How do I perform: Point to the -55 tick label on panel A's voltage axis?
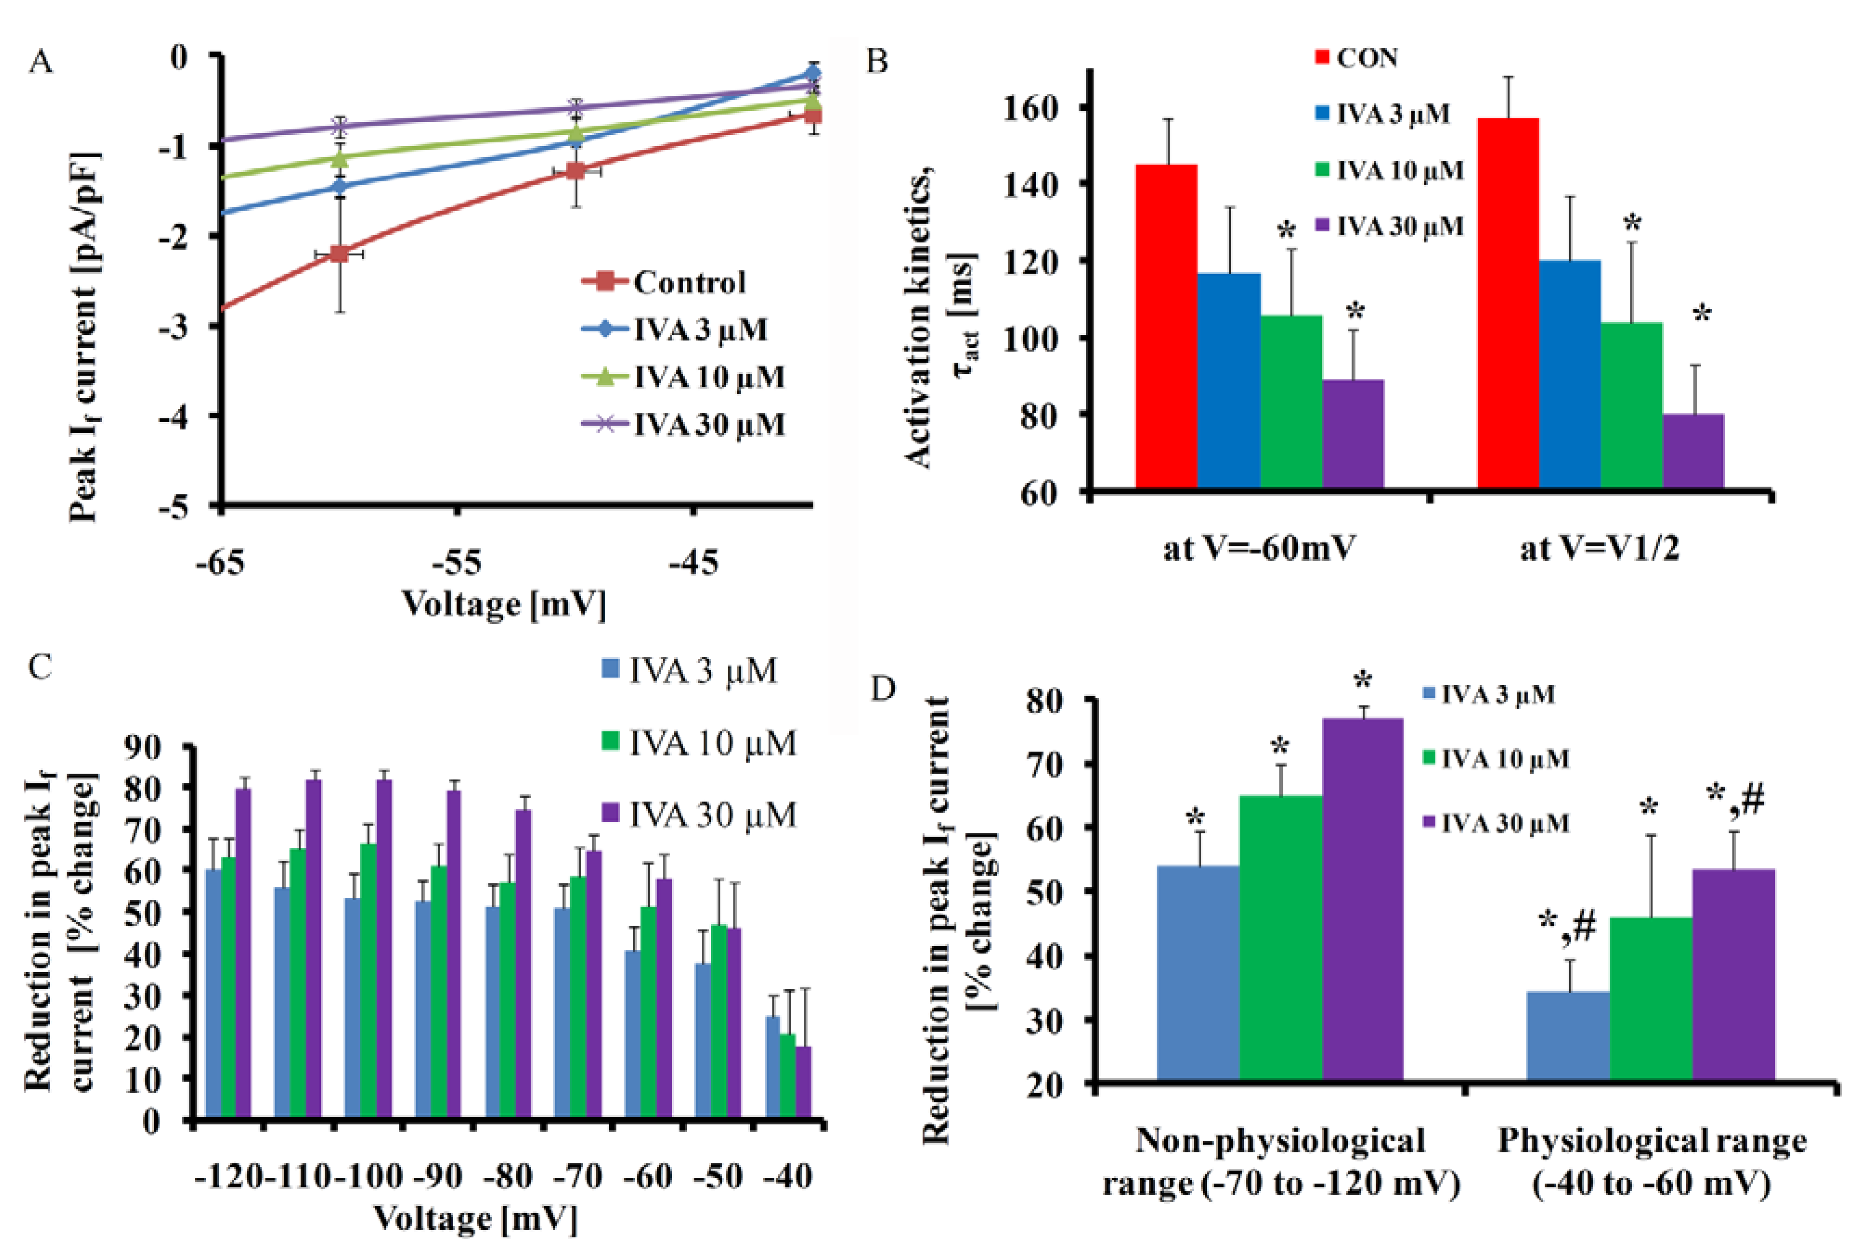click(457, 563)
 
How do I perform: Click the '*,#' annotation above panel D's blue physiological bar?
click(1567, 927)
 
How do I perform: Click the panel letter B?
click(878, 61)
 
